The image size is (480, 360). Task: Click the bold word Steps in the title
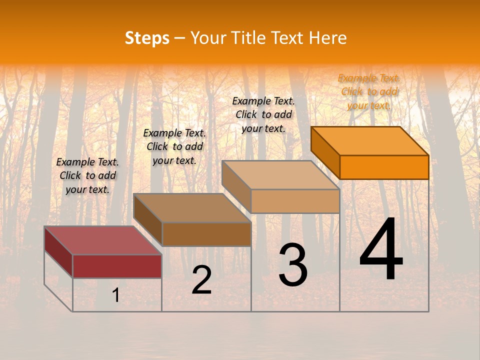click(147, 38)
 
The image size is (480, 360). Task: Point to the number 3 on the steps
click(292, 265)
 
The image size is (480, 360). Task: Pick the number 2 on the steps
click(201, 280)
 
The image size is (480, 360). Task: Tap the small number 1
click(116, 295)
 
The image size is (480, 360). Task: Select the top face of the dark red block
click(102, 240)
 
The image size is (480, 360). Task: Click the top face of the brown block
click(192, 207)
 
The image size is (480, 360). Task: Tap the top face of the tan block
click(280, 174)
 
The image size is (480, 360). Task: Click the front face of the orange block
click(384, 167)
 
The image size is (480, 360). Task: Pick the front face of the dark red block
click(117, 266)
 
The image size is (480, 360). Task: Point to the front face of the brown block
click(206, 234)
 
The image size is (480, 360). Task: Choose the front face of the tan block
click(295, 201)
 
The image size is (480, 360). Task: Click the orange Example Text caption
click(369, 91)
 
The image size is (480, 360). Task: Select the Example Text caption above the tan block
click(263, 114)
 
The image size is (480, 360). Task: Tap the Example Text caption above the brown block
click(174, 146)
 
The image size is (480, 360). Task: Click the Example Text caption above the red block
click(87, 175)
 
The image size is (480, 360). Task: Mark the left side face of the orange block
click(325, 152)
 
